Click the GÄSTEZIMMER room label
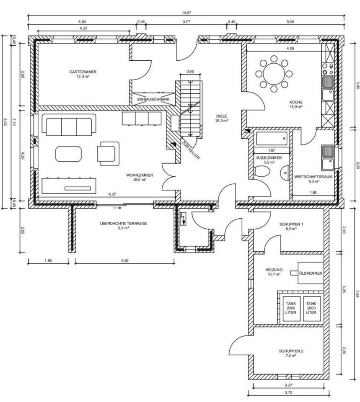click(83, 72)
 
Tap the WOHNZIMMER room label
click(139, 175)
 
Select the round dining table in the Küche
click(274, 74)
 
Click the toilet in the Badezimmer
click(262, 171)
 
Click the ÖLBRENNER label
click(311, 273)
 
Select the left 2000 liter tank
click(290, 308)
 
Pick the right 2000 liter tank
click(311, 308)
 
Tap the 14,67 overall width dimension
click(186, 13)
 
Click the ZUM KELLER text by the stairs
click(190, 149)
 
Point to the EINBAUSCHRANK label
click(153, 100)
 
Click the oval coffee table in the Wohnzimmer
click(68, 154)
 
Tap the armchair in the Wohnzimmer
click(108, 154)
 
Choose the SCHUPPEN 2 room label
click(291, 351)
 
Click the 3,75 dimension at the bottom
click(288, 392)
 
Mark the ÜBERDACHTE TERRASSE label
click(123, 223)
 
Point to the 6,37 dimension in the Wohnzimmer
click(112, 194)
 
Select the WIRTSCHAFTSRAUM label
click(313, 177)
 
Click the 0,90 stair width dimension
click(190, 72)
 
